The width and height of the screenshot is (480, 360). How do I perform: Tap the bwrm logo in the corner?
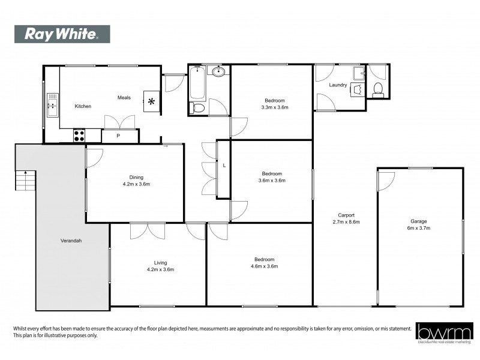pos(441,332)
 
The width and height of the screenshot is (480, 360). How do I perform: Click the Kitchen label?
pos(83,106)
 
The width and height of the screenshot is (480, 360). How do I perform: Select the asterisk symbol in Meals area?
pos(151,101)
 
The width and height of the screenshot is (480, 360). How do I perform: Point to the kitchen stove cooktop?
pos(79,136)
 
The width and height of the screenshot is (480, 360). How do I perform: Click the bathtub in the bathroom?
pos(197,85)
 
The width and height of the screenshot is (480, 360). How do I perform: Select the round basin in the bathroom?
pos(220,73)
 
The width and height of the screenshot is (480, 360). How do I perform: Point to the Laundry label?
pos(338,85)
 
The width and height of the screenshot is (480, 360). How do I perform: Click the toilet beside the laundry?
pos(378,90)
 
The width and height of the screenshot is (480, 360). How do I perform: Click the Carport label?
pos(346,215)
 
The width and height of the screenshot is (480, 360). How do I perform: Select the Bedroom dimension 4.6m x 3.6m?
pos(265,266)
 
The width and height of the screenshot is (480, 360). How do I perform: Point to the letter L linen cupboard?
pos(224,165)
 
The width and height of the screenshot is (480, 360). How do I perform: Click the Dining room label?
pos(136,176)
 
